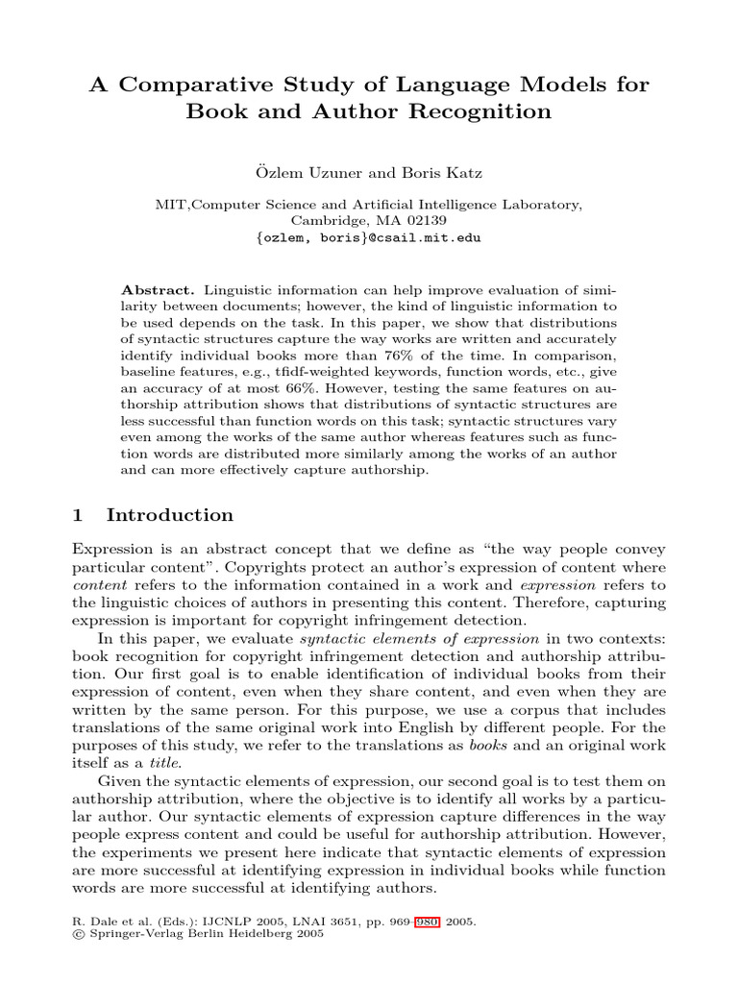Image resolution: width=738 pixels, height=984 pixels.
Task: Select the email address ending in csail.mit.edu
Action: tap(370, 237)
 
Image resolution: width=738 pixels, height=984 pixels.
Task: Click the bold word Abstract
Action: tap(160, 290)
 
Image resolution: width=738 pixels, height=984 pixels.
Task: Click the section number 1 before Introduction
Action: tap(79, 515)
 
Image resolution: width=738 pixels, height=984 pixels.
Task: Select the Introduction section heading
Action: tap(170, 515)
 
